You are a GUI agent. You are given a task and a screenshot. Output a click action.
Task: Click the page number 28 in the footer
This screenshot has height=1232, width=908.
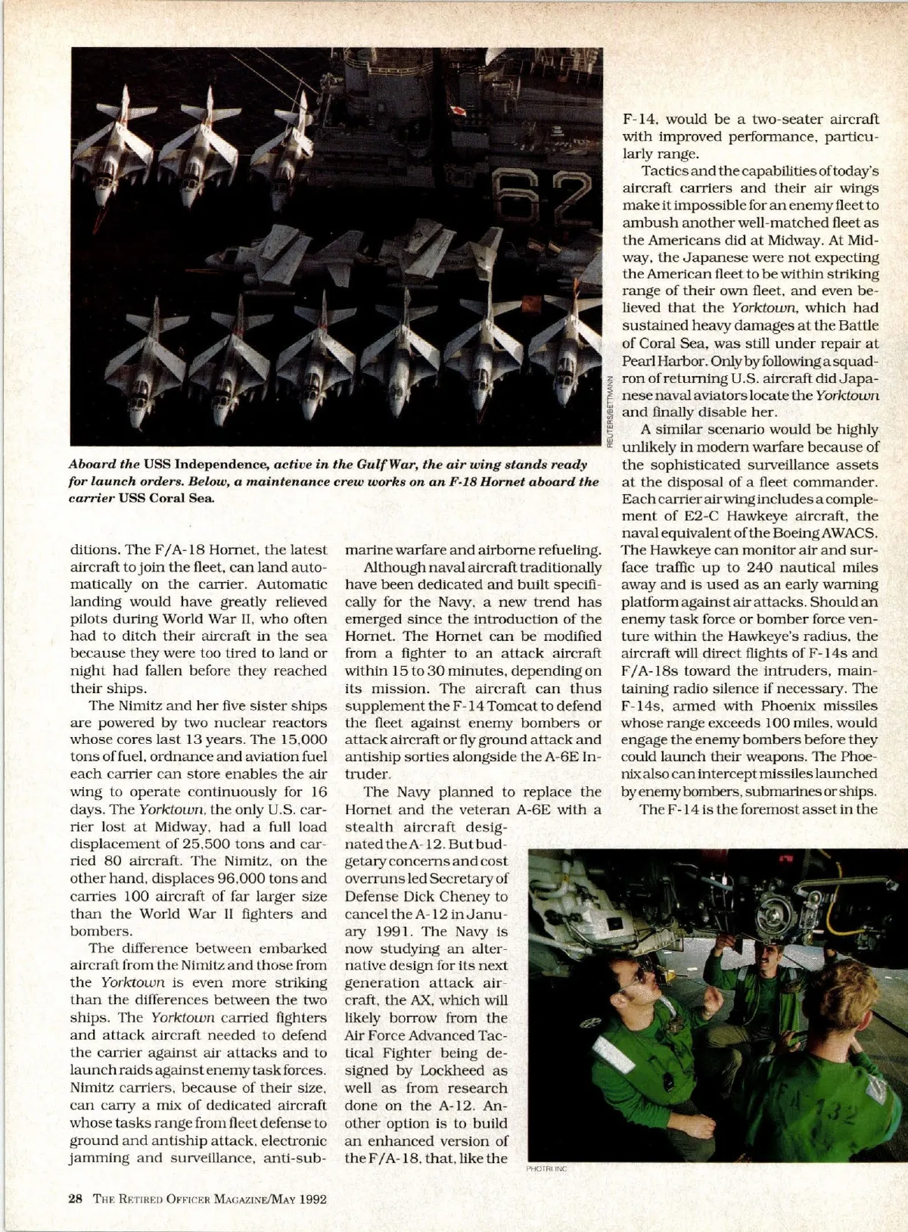tap(75, 1198)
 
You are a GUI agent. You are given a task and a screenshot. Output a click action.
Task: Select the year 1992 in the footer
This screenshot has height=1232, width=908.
tap(312, 1198)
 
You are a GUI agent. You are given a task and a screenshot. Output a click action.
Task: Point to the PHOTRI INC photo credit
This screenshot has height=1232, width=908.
tap(546, 1169)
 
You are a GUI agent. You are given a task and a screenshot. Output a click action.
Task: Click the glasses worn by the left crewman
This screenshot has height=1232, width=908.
tap(634, 976)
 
